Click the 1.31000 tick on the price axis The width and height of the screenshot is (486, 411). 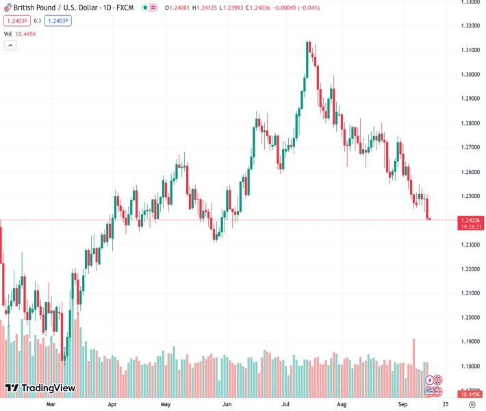click(x=470, y=50)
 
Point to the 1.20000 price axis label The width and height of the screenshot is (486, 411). click(x=470, y=317)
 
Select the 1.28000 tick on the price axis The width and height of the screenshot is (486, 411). click(x=470, y=123)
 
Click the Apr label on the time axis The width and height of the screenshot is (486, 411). click(x=113, y=404)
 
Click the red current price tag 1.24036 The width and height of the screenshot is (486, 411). click(x=470, y=219)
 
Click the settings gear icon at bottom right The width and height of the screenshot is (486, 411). click(x=472, y=404)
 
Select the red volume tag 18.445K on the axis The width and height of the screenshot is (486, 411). click(x=470, y=394)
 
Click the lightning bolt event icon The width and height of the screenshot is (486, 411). click(x=430, y=379)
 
